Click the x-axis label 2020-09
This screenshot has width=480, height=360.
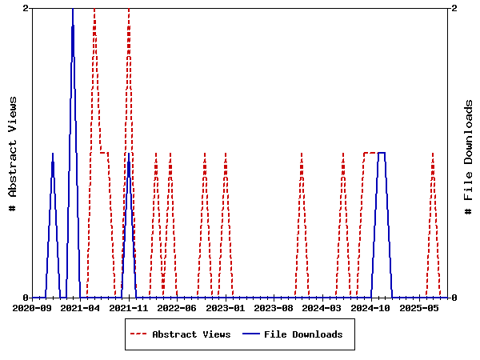click(x=32, y=307)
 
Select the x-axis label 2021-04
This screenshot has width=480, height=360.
click(x=80, y=307)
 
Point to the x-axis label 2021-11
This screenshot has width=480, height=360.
click(x=129, y=307)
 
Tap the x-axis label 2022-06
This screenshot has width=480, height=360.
click(x=177, y=307)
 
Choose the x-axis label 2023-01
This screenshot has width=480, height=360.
click(x=226, y=307)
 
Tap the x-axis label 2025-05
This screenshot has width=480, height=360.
click(x=420, y=307)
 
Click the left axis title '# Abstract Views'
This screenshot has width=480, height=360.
click(x=13, y=153)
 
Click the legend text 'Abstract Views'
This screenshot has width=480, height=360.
click(x=191, y=334)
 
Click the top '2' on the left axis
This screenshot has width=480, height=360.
click(x=26, y=8)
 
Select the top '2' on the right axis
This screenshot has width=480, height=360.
click(x=454, y=8)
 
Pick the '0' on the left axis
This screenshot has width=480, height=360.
click(x=26, y=298)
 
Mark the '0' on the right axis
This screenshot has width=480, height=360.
click(x=454, y=298)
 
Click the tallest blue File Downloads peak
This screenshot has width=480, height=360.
click(x=73, y=10)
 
